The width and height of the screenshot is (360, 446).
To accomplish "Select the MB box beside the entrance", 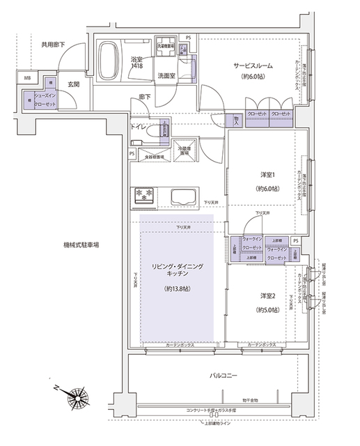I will pyautogui.click(x=29, y=79).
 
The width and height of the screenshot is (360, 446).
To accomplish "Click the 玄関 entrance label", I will pyautogui.click(x=74, y=84).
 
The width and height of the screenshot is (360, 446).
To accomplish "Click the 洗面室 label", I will pyautogui.click(x=166, y=75).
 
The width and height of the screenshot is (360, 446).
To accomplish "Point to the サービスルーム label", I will pyautogui.click(x=251, y=66).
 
